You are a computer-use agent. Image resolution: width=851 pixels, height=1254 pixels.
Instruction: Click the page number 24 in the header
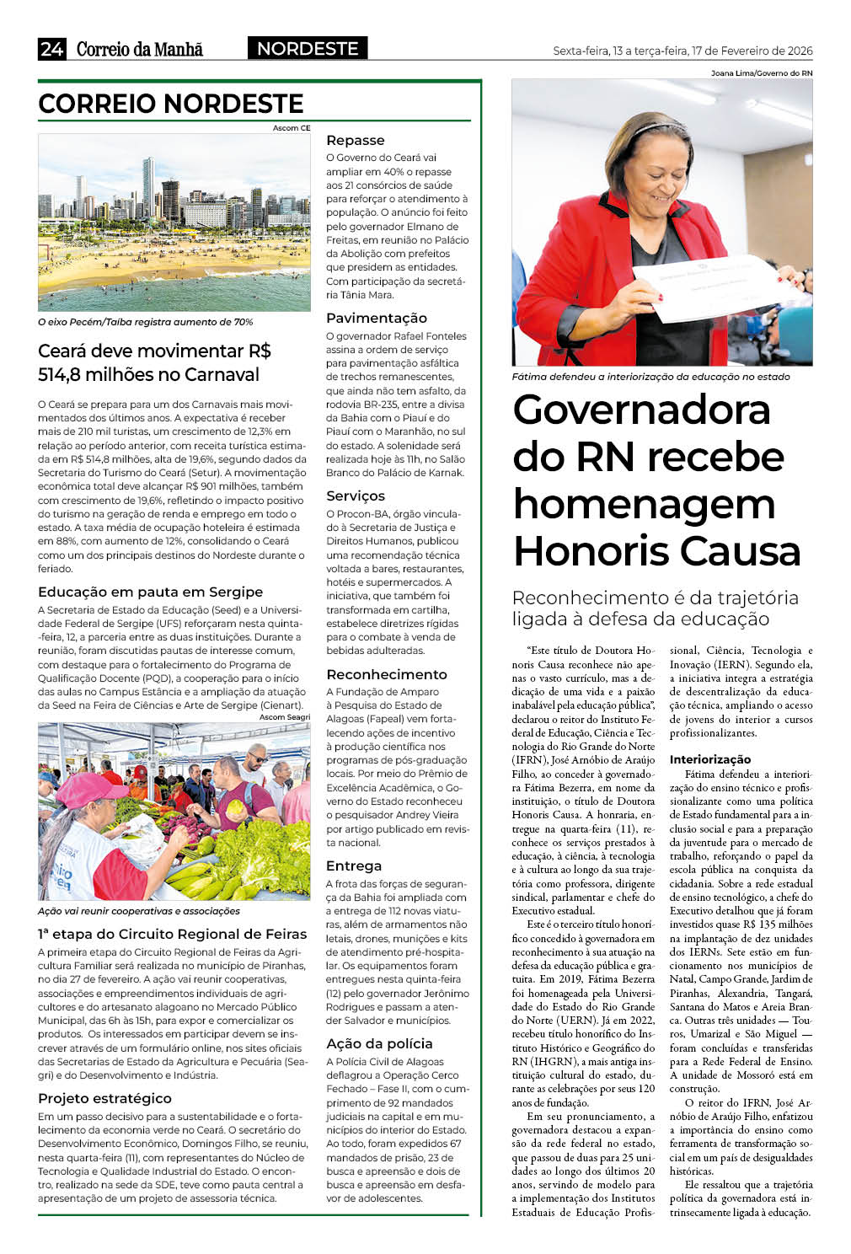pos(51,49)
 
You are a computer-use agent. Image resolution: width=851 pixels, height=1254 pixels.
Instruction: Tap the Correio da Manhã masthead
pos(140,49)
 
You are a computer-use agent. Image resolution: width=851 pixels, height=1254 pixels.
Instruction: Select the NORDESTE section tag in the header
pos(308,49)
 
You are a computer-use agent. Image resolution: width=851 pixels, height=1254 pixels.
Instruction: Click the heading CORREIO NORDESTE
pos(171,104)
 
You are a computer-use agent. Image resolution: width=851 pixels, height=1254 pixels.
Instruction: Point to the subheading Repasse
pos(355,141)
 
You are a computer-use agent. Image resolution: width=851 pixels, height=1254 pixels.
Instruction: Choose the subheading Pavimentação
pos(377,319)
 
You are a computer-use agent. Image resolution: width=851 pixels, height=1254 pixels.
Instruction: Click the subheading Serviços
pos(355,496)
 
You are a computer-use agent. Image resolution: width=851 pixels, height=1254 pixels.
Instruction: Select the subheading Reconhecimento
pos(386,674)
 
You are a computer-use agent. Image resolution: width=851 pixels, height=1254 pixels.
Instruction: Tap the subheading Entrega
pos(353,865)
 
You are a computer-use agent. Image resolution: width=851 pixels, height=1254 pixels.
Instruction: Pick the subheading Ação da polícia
pos(379,1043)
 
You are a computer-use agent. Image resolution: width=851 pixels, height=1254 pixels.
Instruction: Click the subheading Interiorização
pos(709,759)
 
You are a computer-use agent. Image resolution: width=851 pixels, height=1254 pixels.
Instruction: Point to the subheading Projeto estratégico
pos(104,1098)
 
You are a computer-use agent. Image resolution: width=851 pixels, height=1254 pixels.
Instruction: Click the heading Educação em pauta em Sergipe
pos(150,592)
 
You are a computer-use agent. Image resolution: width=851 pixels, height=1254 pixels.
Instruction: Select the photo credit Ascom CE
pos(292,128)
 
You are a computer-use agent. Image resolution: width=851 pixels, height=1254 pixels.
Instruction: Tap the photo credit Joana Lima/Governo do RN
pos(762,73)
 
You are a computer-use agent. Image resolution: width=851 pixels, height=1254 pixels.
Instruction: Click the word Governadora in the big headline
pos(641,410)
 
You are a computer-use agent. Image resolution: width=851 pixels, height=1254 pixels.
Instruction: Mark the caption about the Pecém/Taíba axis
pos(145,322)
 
